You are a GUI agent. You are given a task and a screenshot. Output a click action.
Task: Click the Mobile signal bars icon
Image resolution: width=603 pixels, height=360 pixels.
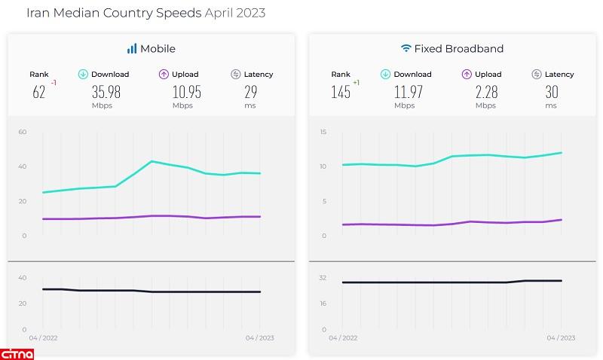pyautogui.click(x=132, y=49)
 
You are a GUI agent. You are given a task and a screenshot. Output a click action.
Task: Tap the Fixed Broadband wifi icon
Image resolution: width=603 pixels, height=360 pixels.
pyautogui.click(x=406, y=49)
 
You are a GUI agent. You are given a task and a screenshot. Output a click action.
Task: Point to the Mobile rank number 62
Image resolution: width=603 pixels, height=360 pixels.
pyautogui.click(x=38, y=92)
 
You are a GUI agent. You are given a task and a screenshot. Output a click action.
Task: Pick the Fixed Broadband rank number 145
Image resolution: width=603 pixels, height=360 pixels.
pyautogui.click(x=341, y=92)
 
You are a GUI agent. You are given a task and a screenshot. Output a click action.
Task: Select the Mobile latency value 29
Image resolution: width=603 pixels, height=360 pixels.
pyautogui.click(x=251, y=92)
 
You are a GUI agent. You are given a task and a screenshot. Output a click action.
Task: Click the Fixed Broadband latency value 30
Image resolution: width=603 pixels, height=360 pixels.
pyautogui.click(x=551, y=92)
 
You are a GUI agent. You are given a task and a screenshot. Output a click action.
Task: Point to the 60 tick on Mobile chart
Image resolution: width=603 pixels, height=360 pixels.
pyautogui.click(x=23, y=133)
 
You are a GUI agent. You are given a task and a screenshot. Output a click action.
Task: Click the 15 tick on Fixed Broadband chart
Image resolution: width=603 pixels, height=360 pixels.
pyautogui.click(x=323, y=133)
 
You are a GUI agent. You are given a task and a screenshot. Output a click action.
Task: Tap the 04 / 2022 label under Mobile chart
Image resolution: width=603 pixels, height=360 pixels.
pyautogui.click(x=43, y=337)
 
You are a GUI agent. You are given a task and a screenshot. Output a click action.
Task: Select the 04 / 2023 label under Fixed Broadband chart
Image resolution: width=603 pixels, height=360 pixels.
pyautogui.click(x=562, y=337)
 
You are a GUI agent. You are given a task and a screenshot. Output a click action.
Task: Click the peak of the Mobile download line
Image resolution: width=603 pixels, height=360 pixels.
pyautogui.click(x=152, y=161)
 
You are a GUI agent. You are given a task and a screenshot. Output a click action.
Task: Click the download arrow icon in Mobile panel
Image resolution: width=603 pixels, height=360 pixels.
pyautogui.click(x=83, y=74)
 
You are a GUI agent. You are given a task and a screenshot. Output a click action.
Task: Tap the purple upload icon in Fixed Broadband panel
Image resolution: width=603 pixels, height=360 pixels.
pyautogui.click(x=466, y=74)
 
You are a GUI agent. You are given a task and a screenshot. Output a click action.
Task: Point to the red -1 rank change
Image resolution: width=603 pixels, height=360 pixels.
pyautogui.click(x=54, y=82)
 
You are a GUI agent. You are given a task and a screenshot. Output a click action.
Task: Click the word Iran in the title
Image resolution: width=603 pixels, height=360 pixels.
pyautogui.click(x=37, y=14)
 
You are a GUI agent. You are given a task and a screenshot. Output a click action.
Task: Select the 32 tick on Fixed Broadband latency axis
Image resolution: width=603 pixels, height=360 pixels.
pyautogui.click(x=323, y=278)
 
